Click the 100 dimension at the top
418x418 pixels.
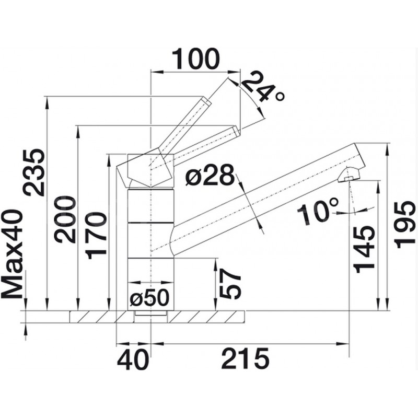tap(196, 59)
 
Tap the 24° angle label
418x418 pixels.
tap(263, 87)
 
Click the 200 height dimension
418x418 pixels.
tap(65, 219)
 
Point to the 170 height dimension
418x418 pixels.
tap(96, 236)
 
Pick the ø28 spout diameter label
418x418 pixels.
tap(210, 175)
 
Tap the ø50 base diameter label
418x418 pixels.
tap(149, 298)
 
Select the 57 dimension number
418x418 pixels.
tap(230, 283)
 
